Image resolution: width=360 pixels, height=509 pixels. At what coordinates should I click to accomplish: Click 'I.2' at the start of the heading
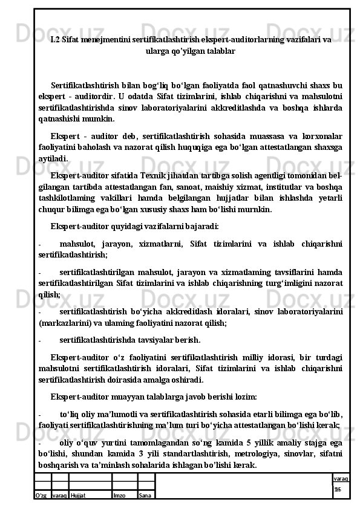[55, 39]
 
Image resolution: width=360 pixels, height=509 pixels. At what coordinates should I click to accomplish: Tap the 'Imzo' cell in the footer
[119, 495]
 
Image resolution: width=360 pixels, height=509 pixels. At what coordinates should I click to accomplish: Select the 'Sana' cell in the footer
[145, 495]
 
